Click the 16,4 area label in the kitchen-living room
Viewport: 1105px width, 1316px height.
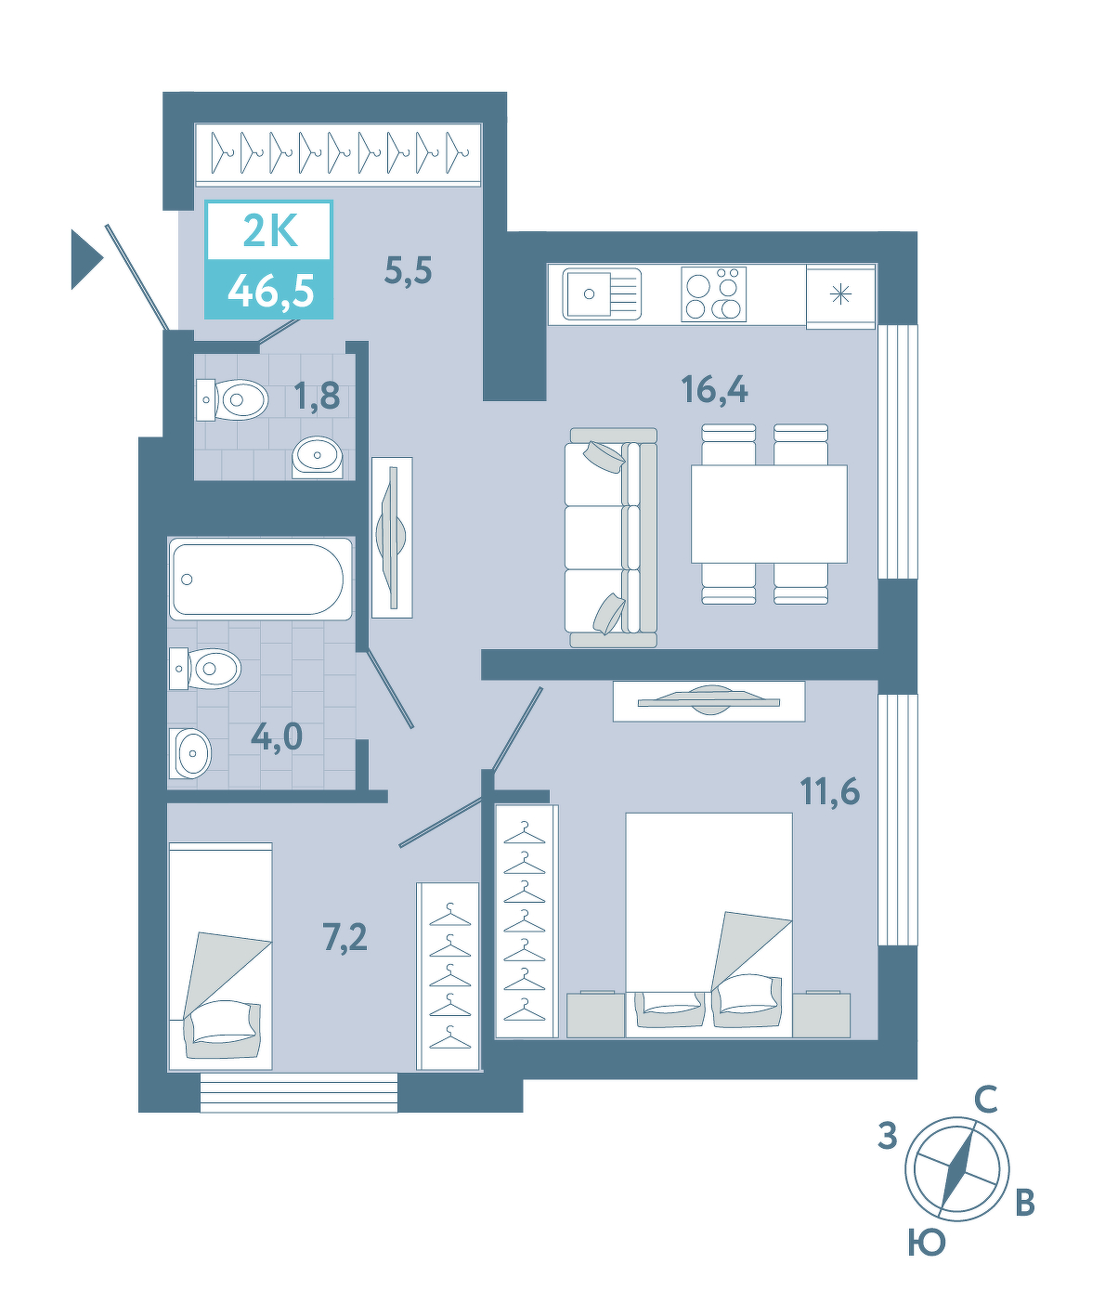coord(714,389)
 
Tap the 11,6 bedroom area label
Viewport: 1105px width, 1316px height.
coord(829,791)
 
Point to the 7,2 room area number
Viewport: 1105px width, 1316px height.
coord(344,937)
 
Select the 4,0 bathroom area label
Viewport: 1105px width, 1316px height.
coord(277,736)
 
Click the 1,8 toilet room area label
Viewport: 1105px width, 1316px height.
coord(317,397)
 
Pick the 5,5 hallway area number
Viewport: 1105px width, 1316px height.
coord(409,271)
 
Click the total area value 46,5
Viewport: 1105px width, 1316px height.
coord(271,292)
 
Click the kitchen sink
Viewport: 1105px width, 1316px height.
coord(602,293)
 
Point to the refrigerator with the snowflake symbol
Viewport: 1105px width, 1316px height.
coord(841,295)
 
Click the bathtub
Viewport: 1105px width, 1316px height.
coord(260,579)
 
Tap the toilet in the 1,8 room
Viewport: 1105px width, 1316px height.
coord(232,399)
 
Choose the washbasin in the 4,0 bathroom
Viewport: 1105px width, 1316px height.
coord(189,753)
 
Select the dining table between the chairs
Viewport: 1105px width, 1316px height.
coord(769,514)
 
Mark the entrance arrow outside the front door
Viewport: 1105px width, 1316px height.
coord(87,260)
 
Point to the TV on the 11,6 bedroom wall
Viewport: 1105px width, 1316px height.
coord(709,700)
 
